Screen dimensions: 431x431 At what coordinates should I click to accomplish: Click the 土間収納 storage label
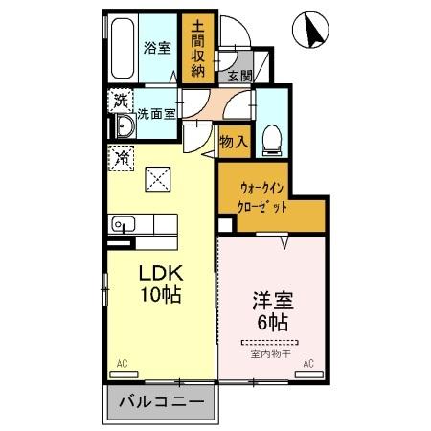click(x=197, y=48)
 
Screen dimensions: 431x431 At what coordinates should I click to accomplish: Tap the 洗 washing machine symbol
click(x=121, y=100)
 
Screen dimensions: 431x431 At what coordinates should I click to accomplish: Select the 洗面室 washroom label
click(x=156, y=113)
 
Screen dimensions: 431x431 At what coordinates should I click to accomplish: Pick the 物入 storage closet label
click(x=234, y=142)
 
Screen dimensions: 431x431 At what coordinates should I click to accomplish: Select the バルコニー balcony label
click(x=162, y=405)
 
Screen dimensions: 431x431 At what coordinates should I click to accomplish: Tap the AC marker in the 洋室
click(x=308, y=363)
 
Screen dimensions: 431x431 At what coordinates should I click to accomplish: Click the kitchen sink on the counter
click(x=123, y=224)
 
